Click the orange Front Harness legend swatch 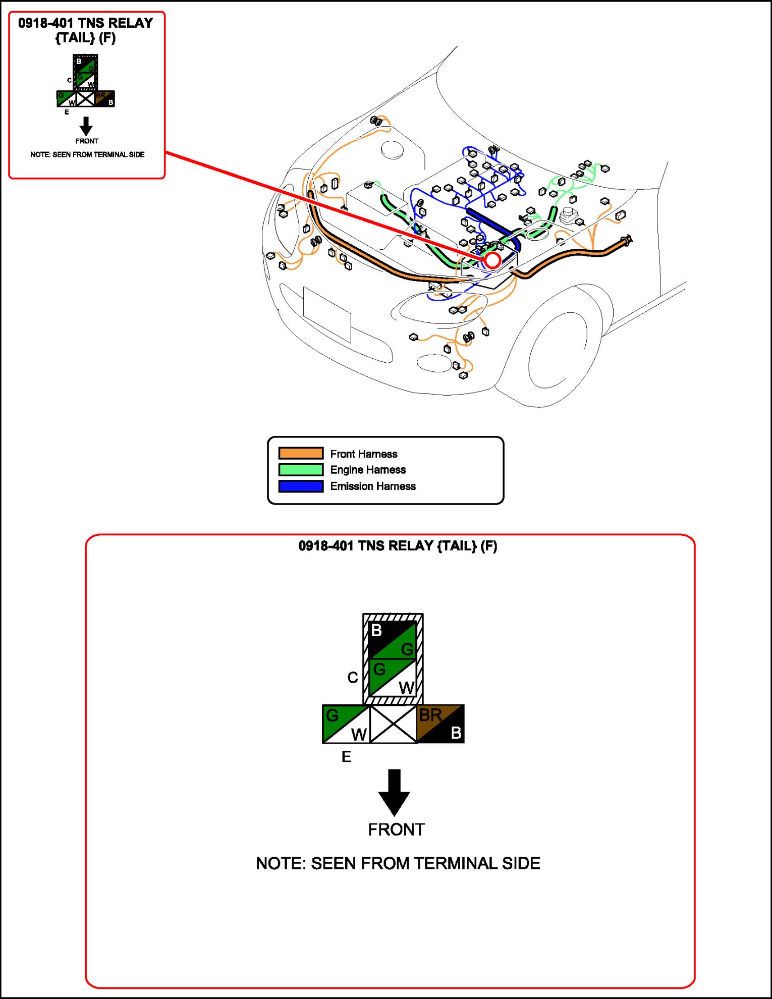click(x=301, y=453)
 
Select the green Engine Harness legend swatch click(x=301, y=470)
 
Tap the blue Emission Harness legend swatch click(x=301, y=486)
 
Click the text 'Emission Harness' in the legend click(x=373, y=486)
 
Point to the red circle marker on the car click(x=492, y=260)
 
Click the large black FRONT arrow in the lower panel click(x=394, y=792)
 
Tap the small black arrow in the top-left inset click(x=86, y=126)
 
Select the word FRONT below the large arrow click(x=396, y=830)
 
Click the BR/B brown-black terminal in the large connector click(x=440, y=724)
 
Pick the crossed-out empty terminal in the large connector click(x=394, y=724)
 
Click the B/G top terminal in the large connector click(x=393, y=640)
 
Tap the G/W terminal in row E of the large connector click(x=346, y=724)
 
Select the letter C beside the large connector click(x=353, y=678)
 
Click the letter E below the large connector click(x=346, y=757)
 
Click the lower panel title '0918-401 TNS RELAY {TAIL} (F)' click(x=398, y=546)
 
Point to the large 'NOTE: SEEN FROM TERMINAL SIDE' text click(x=398, y=863)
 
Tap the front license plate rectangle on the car click(x=327, y=314)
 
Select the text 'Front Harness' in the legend click(x=364, y=454)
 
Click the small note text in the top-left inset click(x=87, y=154)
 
